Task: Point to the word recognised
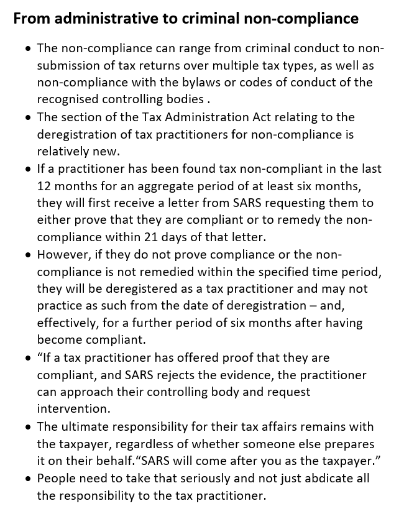[x=66, y=99]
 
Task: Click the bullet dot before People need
[x=29, y=479]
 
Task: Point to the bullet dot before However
[x=29, y=255]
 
